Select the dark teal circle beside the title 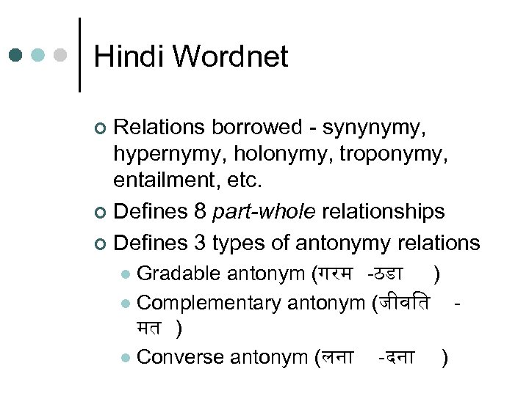coord(16,56)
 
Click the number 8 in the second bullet coord(204,212)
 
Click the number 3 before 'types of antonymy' coord(204,242)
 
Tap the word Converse coord(181,357)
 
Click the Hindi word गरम coord(337,274)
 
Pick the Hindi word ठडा coord(389,274)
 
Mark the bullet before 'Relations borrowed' coord(101,129)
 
